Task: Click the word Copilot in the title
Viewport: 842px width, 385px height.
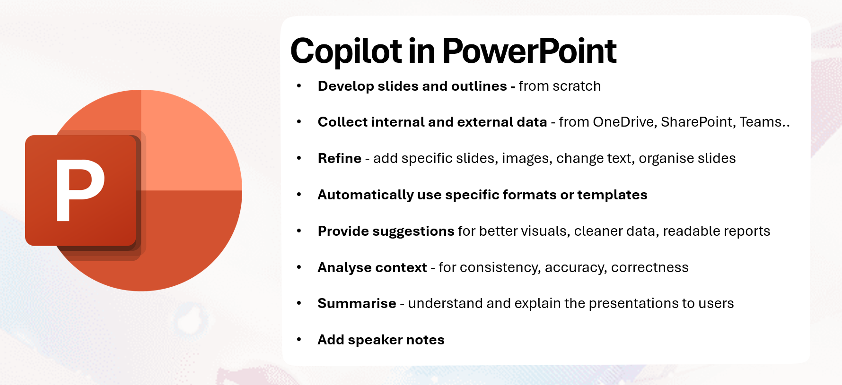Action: (x=346, y=51)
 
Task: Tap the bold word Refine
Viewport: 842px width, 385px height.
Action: (x=339, y=158)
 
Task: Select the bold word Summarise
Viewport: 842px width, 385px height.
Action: (x=357, y=303)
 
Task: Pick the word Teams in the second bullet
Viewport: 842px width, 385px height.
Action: (x=760, y=122)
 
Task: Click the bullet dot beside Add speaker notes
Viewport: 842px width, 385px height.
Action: (x=299, y=340)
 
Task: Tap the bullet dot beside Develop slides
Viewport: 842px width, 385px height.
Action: (x=299, y=86)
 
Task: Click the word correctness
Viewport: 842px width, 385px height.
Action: (x=649, y=267)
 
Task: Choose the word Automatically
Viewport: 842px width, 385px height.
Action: (x=366, y=195)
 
